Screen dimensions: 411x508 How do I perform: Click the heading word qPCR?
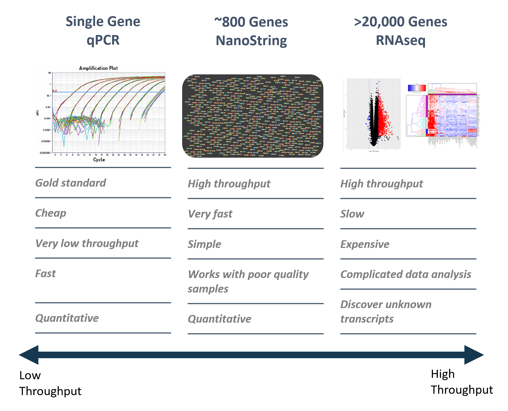tap(103, 40)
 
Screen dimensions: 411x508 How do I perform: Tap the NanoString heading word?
tap(251, 41)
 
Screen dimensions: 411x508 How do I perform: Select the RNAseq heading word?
tap(400, 40)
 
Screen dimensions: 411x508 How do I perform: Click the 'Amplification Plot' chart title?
tap(98, 68)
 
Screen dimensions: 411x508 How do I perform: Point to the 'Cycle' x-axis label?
tap(99, 160)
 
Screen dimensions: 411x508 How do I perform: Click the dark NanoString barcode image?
tap(252, 116)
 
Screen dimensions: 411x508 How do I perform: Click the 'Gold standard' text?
tap(70, 183)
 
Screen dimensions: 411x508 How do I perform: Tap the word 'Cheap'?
tap(51, 213)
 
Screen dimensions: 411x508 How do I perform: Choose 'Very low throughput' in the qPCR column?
tap(87, 243)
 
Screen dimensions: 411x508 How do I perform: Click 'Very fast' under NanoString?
tap(210, 214)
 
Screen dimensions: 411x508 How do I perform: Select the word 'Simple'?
tap(204, 244)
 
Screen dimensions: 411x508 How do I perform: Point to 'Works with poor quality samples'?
tap(248, 281)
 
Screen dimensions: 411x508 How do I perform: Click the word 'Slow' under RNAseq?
tap(352, 214)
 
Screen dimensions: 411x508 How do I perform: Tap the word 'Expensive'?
tap(365, 244)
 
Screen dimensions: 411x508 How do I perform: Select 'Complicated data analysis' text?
tap(406, 274)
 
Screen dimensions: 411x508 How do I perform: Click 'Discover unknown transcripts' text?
tap(386, 311)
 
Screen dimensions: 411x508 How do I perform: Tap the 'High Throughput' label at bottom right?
tap(461, 382)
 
